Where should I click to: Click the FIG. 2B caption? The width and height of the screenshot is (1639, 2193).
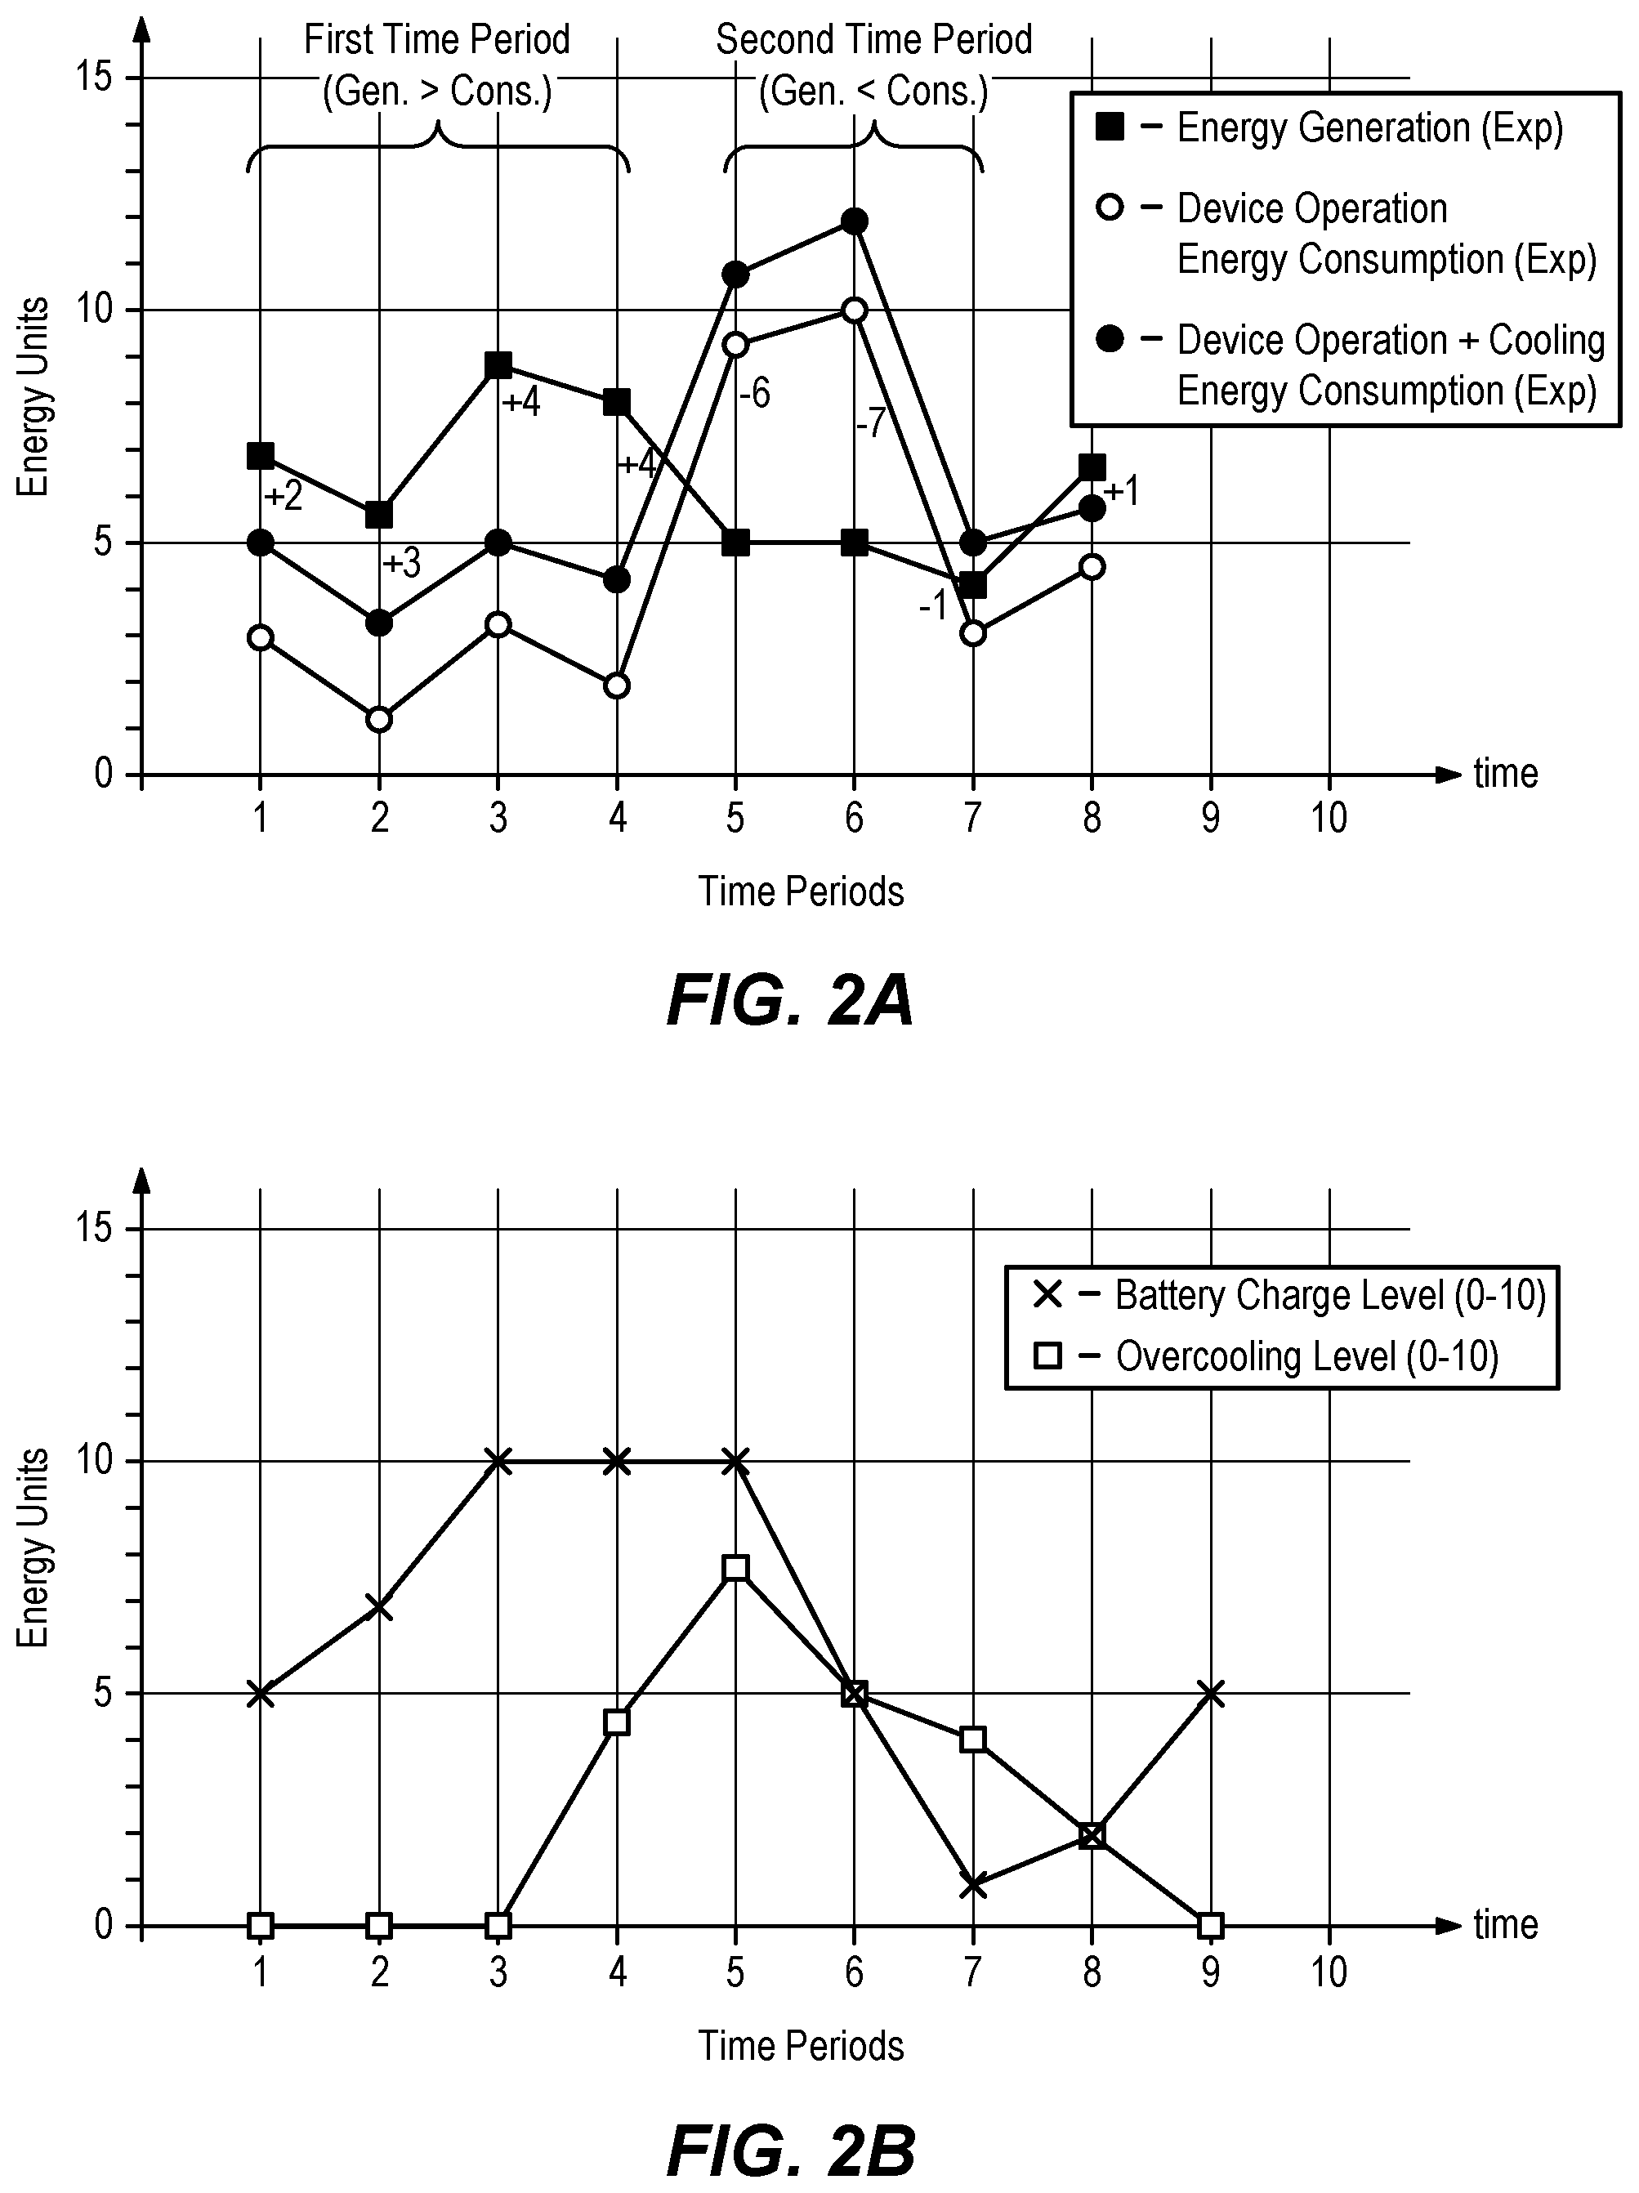point(790,2151)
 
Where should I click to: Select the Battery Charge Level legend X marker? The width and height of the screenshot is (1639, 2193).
point(1047,1295)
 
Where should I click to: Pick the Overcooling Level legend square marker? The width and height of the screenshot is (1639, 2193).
point(1047,1356)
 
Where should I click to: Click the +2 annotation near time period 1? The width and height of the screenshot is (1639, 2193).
point(284,496)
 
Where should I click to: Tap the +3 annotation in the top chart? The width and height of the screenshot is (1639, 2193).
point(401,563)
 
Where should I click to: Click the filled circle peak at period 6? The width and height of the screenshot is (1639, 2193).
point(854,220)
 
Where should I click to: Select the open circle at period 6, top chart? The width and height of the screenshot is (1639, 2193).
point(854,310)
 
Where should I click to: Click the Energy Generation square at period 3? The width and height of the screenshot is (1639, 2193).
point(498,365)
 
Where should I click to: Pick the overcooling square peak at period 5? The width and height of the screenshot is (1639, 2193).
point(735,1567)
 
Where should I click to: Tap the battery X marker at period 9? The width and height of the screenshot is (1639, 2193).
point(1211,1693)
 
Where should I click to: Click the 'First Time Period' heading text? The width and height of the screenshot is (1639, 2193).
point(436,40)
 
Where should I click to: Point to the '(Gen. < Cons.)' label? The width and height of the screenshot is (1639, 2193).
point(873,92)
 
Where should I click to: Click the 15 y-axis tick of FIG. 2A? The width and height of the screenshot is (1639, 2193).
point(96,78)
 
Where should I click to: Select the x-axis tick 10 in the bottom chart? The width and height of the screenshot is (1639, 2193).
point(1329,1972)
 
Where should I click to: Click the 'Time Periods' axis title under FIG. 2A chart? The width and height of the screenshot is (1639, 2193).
point(802,891)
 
